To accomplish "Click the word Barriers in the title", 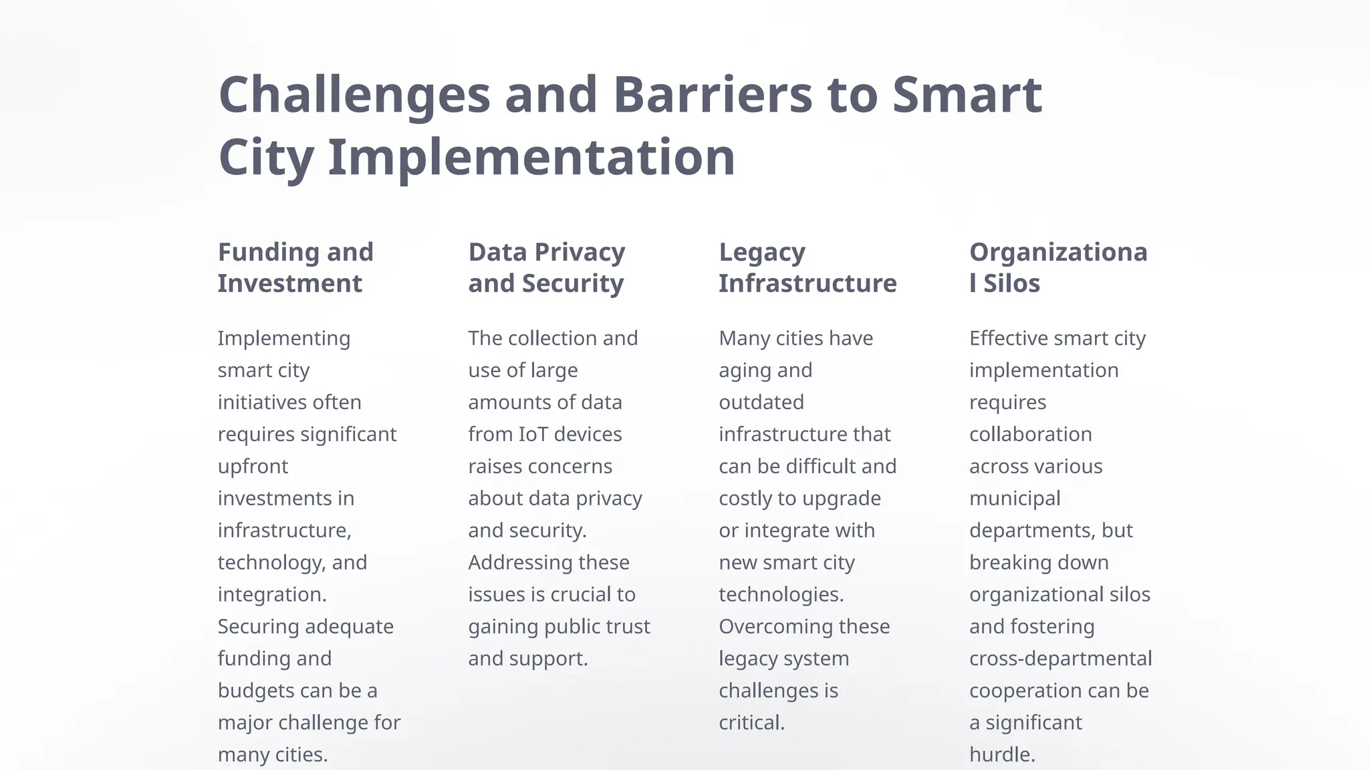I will click(713, 94).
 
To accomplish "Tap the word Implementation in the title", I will click(531, 158).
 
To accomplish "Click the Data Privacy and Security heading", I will click(547, 267).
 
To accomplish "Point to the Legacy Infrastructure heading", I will click(807, 267).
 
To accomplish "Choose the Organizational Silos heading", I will click(1058, 267).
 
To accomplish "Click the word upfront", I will click(253, 467).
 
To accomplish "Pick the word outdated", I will click(761, 402).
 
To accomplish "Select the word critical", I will click(751, 723).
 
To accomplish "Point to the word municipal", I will click(1015, 499).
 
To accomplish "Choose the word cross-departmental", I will click(1060, 658).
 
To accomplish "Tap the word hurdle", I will click(1002, 755).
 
